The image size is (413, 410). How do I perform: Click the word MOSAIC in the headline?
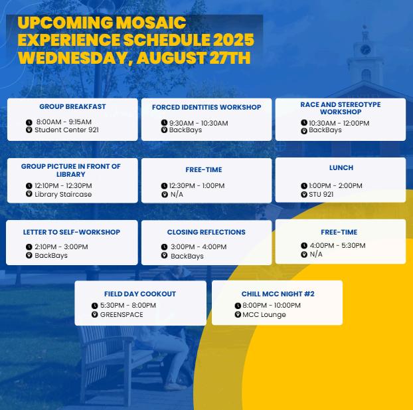coord(151,23)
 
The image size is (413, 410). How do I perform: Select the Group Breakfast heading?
coord(72,106)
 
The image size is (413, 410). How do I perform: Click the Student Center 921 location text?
coord(66,130)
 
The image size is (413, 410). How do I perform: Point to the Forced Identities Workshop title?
coord(206,107)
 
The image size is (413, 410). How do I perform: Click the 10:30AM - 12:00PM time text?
coord(339,123)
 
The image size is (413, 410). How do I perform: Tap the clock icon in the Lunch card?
coord(304,185)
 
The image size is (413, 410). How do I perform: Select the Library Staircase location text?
coord(63,194)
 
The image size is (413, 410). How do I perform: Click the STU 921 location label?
coord(321,194)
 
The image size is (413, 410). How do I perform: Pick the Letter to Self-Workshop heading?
coord(72,232)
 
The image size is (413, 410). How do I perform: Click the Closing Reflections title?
coord(206,232)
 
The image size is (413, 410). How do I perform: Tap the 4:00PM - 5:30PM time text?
coord(338,245)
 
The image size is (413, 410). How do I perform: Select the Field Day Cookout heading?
coord(140,294)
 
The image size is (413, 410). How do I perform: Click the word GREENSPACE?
coord(122,314)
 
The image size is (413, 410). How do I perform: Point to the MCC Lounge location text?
coord(264,314)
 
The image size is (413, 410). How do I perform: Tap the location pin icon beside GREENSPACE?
coord(94,314)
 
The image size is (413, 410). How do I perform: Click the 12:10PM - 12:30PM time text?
coord(63,185)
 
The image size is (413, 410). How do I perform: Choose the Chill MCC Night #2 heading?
coord(278,294)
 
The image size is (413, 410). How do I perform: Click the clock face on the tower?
coord(365,50)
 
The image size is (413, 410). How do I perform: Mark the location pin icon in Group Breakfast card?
coord(29,130)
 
